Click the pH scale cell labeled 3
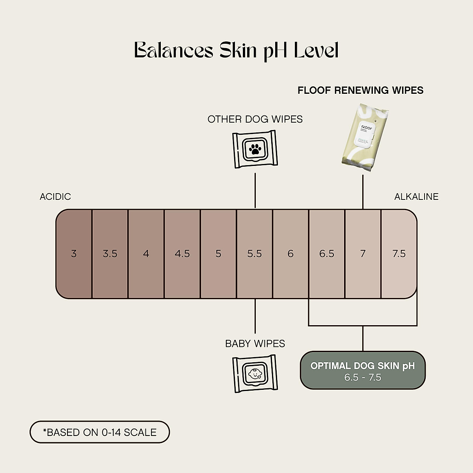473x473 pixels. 74,254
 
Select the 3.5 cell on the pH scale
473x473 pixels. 110,254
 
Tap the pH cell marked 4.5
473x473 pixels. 182,254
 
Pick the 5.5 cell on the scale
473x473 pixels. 255,254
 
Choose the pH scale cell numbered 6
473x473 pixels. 291,254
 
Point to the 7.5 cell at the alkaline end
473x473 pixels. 399,254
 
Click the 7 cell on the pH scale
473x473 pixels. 363,254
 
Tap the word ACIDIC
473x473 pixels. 55,197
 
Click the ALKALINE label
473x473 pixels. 416,197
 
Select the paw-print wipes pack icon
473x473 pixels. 255,149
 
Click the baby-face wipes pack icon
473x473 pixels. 255,373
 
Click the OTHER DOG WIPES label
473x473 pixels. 255,119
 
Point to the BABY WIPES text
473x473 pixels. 255,344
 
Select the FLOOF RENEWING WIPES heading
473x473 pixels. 360,90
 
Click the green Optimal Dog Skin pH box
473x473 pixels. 363,371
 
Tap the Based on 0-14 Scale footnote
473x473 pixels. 100,432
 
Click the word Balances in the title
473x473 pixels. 173,50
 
